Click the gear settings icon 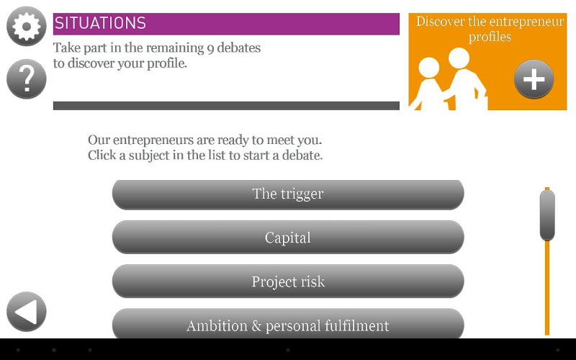pyautogui.click(x=27, y=26)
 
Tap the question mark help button pyautogui.click(x=27, y=78)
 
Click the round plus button pyautogui.click(x=534, y=79)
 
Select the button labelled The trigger pyautogui.click(x=288, y=194)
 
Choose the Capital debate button pyautogui.click(x=288, y=238)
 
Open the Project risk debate pyautogui.click(x=288, y=282)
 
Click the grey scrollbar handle pyautogui.click(x=547, y=215)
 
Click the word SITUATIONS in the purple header pyautogui.click(x=100, y=24)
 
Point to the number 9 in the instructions pyautogui.click(x=210, y=49)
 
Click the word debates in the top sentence pyautogui.click(x=239, y=48)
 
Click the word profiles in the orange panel pyautogui.click(x=490, y=37)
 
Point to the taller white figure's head pyautogui.click(x=459, y=58)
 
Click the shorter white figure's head pyautogui.click(x=429, y=68)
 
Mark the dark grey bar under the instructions pyautogui.click(x=226, y=106)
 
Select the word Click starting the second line pyautogui.click(x=102, y=155)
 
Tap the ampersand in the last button pyautogui.click(x=256, y=326)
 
